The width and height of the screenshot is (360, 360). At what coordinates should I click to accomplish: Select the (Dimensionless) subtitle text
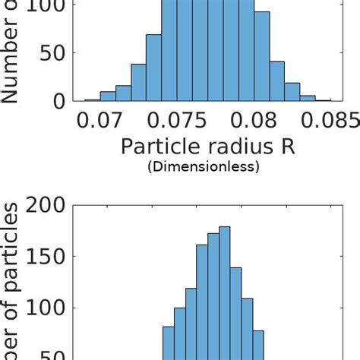[203, 166]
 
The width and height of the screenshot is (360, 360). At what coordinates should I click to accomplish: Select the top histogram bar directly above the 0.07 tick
[108, 96]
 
